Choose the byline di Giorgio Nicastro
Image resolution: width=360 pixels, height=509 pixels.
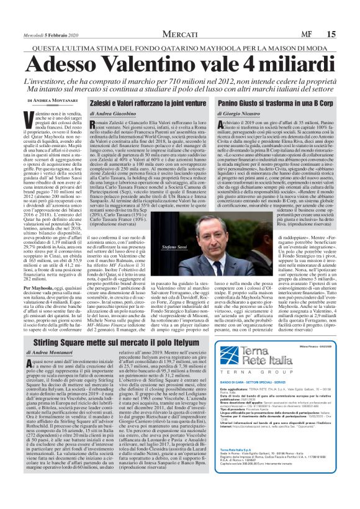tap(241, 114)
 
